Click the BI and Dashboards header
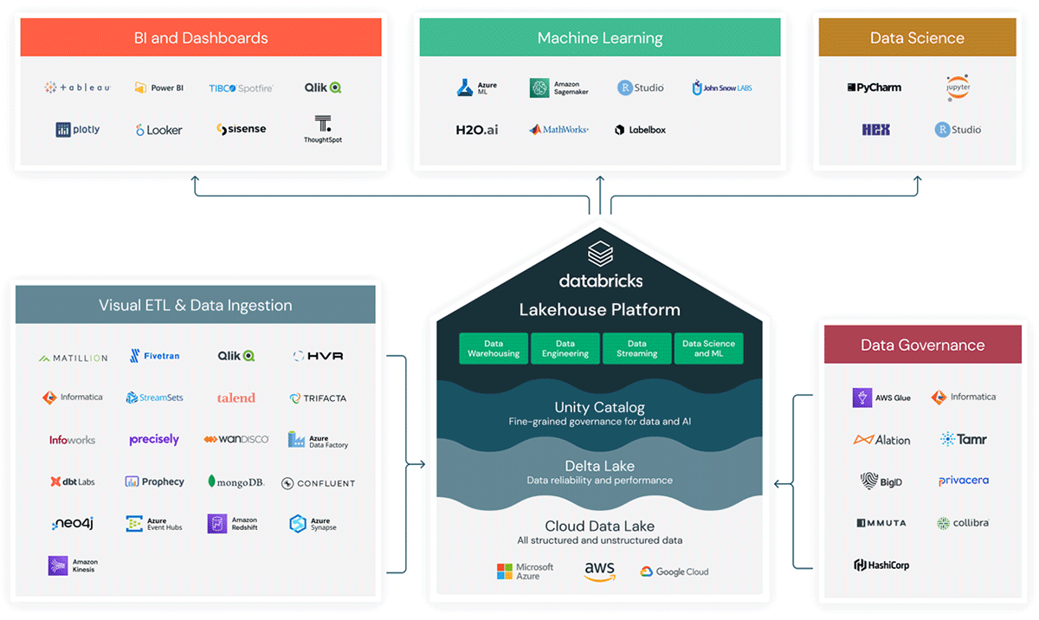pyautogui.click(x=201, y=38)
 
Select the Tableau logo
pyautogui.click(x=78, y=87)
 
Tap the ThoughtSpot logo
pyautogui.click(x=322, y=129)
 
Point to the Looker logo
pyautogui.click(x=159, y=130)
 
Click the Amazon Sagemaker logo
pyautogui.click(x=558, y=87)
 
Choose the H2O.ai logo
pyautogui.click(x=476, y=130)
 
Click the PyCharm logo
pyautogui.click(x=874, y=87)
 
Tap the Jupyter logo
pyautogui.click(x=958, y=87)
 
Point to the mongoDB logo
pyautogui.click(x=236, y=481)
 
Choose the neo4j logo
pyautogui.click(x=72, y=524)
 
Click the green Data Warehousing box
pyautogui.click(x=493, y=348)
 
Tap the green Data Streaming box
pyautogui.click(x=636, y=348)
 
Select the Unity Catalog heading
pyautogui.click(x=599, y=407)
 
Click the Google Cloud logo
pyautogui.click(x=674, y=572)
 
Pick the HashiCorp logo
pyautogui.click(x=881, y=565)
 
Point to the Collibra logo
pyautogui.click(x=963, y=523)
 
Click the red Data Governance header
pyautogui.click(x=922, y=345)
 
